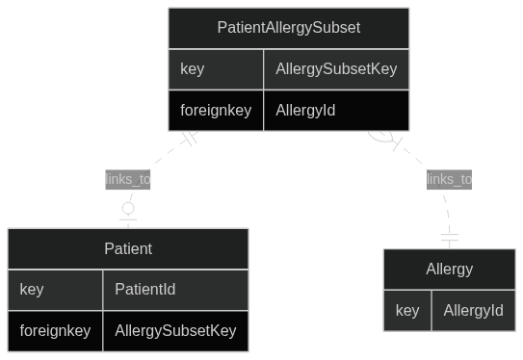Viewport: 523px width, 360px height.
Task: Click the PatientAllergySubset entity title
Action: [288, 28]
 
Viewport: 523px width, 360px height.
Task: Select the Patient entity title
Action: [128, 248]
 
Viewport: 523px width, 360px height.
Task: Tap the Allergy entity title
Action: [449, 270]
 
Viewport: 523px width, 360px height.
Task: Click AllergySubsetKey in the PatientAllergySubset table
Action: [335, 69]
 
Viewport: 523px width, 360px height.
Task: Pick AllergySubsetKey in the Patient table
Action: [175, 331]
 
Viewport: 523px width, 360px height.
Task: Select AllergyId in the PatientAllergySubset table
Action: [305, 111]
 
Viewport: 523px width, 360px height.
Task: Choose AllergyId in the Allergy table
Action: [473, 310]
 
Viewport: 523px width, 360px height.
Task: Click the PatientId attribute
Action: [144, 289]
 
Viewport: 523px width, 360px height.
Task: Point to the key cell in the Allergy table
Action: [407, 310]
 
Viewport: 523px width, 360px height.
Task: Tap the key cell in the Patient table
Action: [32, 289]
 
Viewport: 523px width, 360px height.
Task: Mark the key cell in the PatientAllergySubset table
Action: [192, 69]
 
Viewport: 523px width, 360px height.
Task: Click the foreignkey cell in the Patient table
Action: [55, 331]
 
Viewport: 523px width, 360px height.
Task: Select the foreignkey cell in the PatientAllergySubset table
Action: [216, 111]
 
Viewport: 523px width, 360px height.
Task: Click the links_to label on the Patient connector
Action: [128, 179]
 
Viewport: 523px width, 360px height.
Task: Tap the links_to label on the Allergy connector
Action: [449, 179]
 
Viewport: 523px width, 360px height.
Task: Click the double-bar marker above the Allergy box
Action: [449, 237]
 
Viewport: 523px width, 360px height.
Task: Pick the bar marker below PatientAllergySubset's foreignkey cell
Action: [189, 138]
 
